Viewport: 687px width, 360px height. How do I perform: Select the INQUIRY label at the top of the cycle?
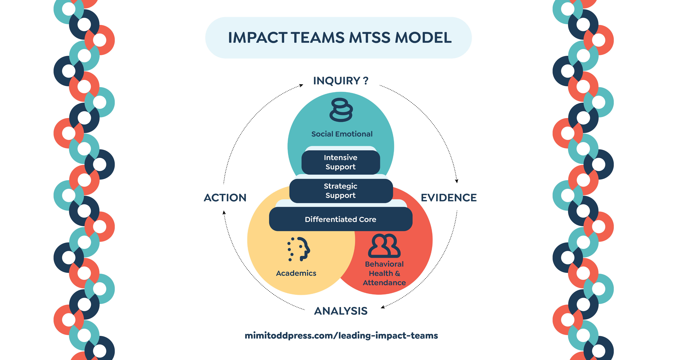[x=337, y=81]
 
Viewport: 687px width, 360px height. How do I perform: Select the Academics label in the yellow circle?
[x=296, y=273]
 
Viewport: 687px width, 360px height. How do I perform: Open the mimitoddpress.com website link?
[x=341, y=335]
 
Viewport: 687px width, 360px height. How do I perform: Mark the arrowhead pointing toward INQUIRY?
[x=301, y=85]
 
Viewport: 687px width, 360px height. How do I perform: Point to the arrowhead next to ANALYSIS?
[x=383, y=307]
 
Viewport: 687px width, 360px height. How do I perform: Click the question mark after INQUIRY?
[x=366, y=81]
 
